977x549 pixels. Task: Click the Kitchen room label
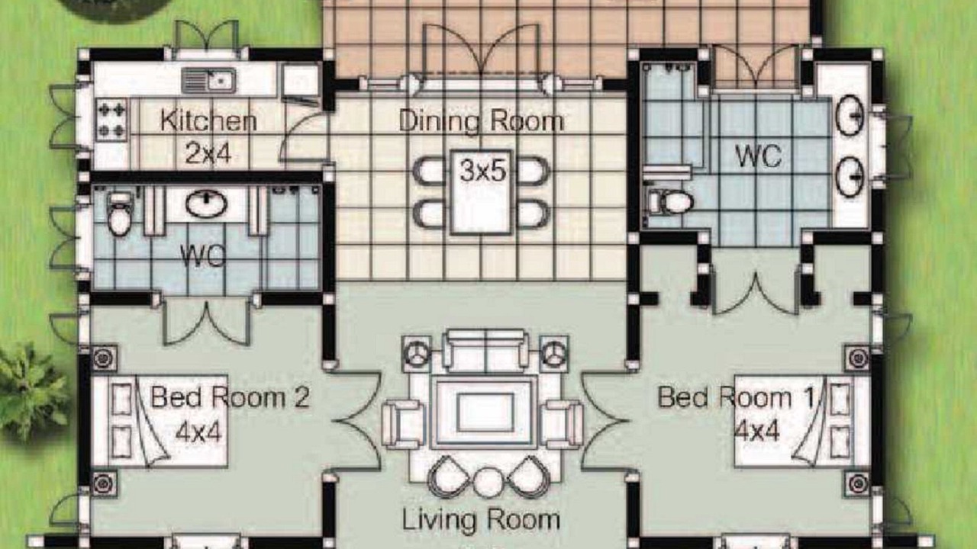click(208, 120)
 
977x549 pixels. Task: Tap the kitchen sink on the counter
click(208, 81)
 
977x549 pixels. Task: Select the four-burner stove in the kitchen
click(111, 120)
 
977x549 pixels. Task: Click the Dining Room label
click(482, 120)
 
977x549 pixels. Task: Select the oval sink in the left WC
click(206, 203)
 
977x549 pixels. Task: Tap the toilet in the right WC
click(670, 202)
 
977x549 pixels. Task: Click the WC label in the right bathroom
click(758, 156)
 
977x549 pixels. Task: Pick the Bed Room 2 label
click(230, 397)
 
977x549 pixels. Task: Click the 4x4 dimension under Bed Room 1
click(756, 432)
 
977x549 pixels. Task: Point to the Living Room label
click(481, 520)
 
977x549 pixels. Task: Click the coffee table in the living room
click(484, 413)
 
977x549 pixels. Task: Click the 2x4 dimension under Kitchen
click(208, 153)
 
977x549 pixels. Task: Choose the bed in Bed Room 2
click(160, 422)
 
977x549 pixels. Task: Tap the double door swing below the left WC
click(207, 323)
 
